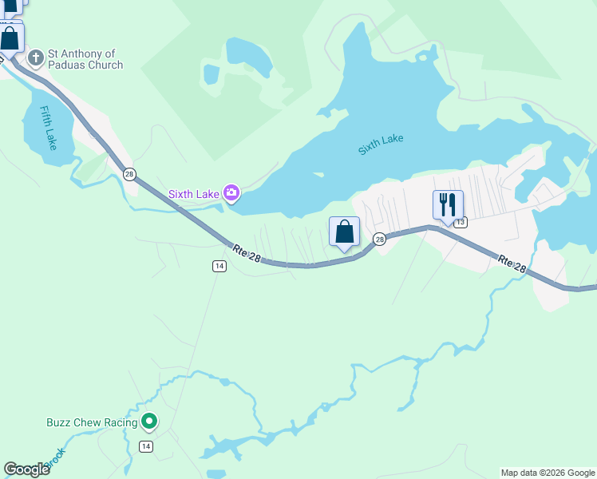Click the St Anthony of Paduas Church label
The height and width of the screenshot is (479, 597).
(85, 59)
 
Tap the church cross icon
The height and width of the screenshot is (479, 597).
(34, 58)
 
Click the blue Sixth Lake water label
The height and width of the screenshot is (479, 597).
(381, 144)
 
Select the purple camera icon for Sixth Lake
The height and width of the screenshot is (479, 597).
(231, 192)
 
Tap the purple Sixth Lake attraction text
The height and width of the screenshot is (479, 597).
(193, 194)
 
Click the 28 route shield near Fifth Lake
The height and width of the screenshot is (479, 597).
(129, 174)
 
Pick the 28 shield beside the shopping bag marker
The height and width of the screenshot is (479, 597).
(380, 239)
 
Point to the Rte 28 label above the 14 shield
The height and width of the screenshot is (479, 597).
(248, 253)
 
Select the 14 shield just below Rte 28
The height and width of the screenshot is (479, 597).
(219, 266)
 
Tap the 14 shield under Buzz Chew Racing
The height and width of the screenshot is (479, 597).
(145, 446)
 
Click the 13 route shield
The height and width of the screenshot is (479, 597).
(460, 222)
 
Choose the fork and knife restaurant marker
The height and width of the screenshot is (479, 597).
(448, 204)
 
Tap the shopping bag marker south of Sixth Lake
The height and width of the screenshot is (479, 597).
(344, 232)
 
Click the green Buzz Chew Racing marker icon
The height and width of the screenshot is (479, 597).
(148, 421)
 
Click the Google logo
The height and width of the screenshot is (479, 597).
(26, 469)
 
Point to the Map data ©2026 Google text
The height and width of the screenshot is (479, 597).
(548, 473)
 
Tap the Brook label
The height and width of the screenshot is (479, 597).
(54, 460)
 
